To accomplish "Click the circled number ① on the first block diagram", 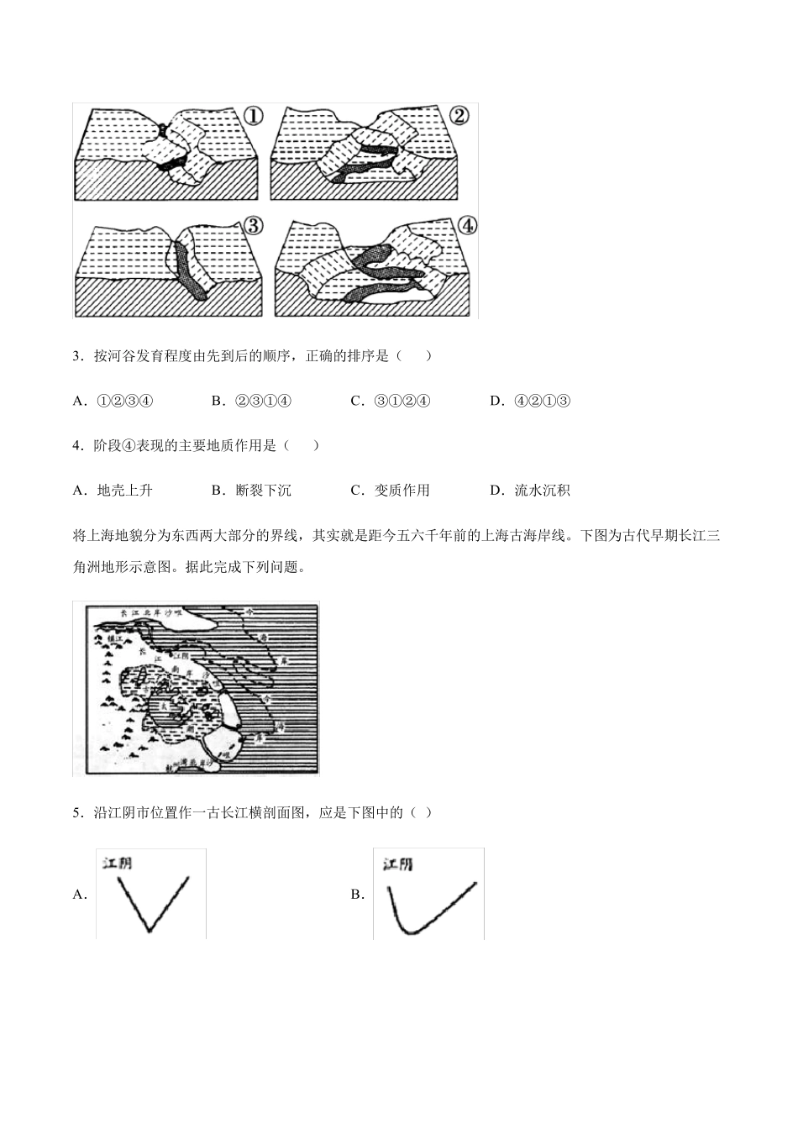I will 253,116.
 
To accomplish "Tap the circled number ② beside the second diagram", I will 458,116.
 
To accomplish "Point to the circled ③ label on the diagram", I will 252,225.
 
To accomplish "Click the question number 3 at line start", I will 77,356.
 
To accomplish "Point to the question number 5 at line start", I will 77,812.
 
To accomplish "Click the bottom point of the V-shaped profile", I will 150,930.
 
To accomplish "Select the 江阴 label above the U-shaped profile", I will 397,864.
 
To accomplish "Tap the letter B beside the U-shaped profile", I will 356,895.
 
